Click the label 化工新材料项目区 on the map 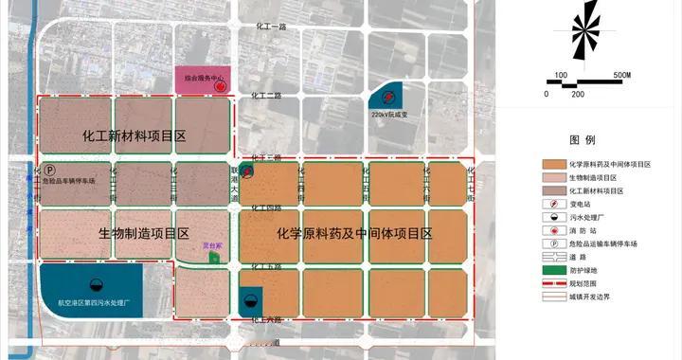point(135,135)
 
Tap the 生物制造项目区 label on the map point(144,233)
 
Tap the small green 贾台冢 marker point(215,258)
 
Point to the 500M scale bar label point(621,74)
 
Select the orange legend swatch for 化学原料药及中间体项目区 point(554,164)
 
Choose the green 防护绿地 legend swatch point(554,270)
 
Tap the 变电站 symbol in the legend point(554,204)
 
